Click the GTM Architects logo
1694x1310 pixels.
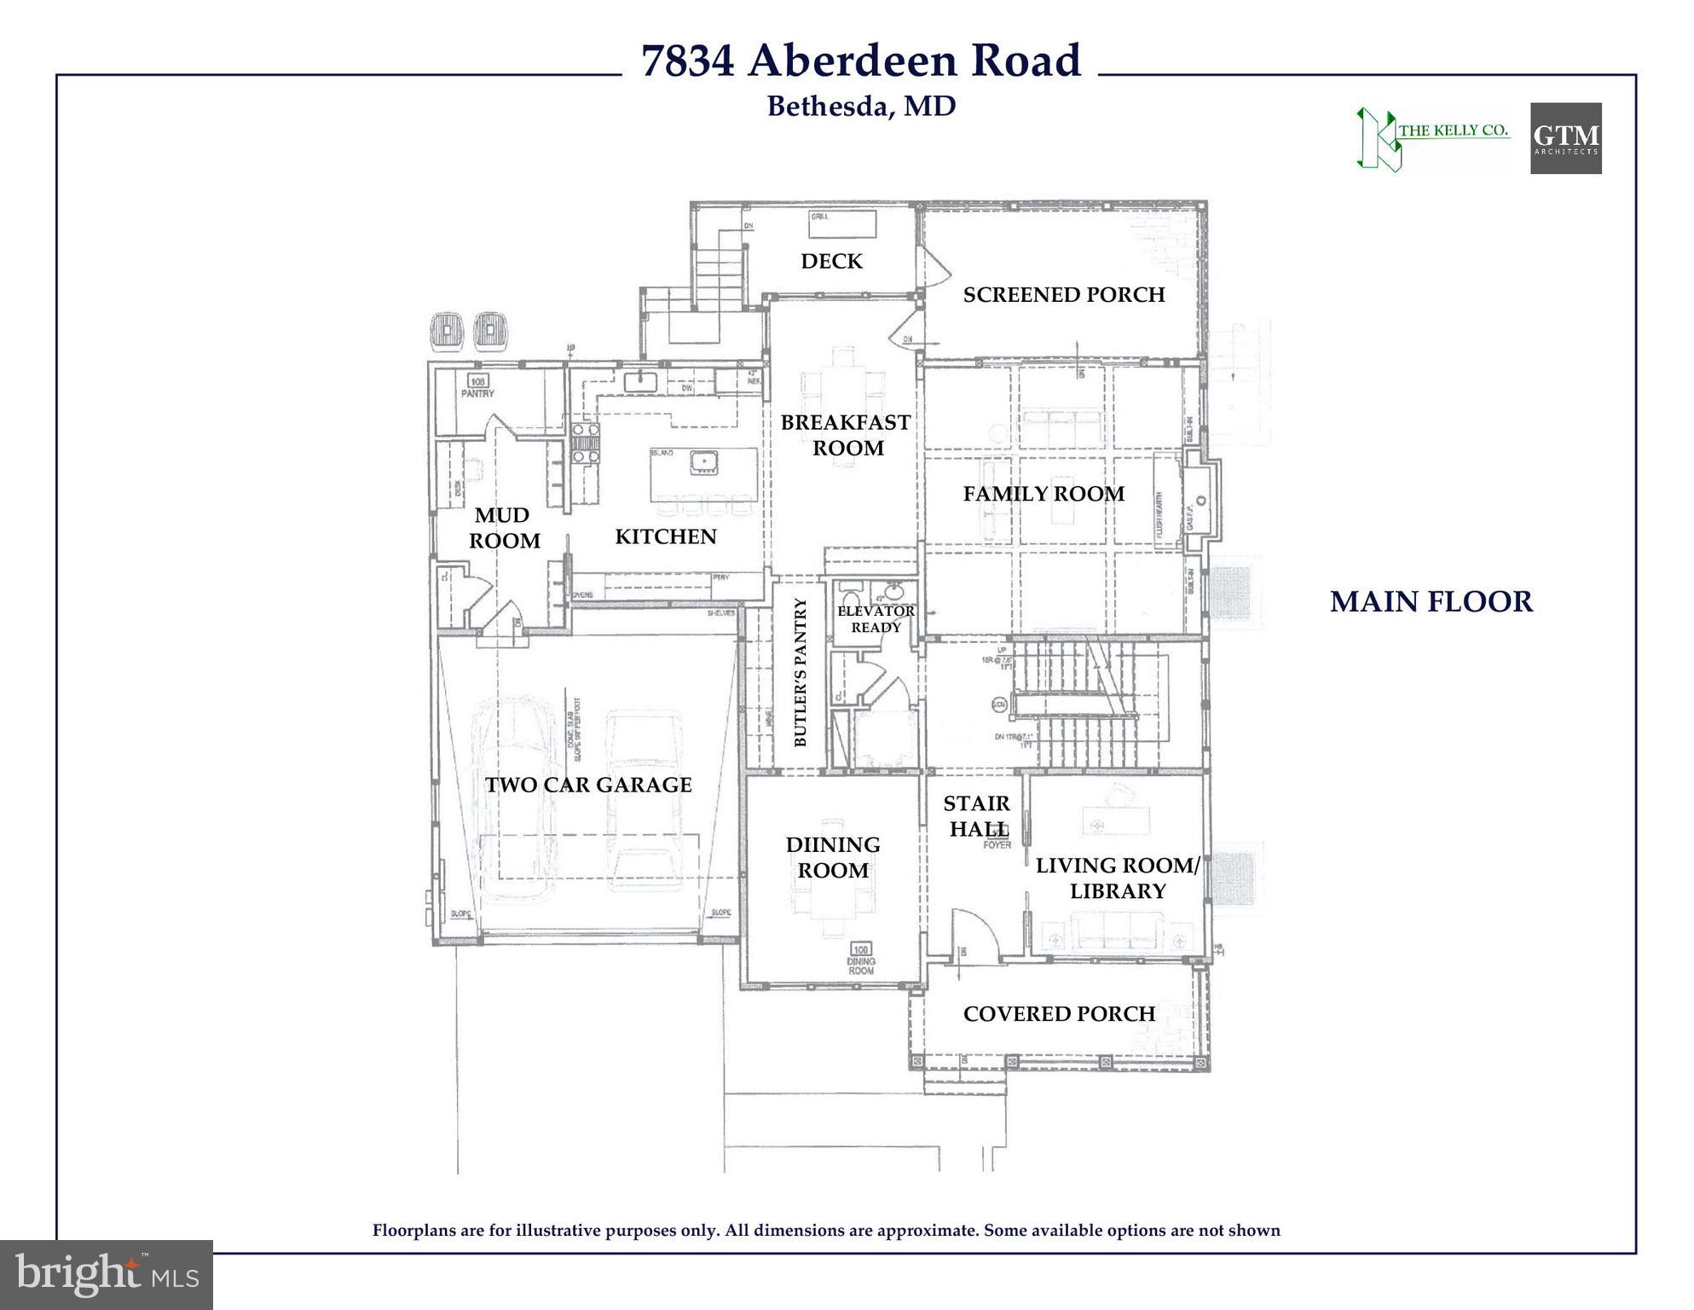(x=1565, y=138)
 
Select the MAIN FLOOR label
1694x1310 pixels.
(x=1431, y=602)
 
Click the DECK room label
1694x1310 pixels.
(x=831, y=261)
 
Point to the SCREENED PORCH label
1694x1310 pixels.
(x=1063, y=295)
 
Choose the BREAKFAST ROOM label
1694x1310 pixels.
(x=846, y=435)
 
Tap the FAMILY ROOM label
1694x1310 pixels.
(x=1044, y=494)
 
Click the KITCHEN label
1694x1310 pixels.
(x=666, y=536)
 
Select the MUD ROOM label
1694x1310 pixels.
(x=503, y=528)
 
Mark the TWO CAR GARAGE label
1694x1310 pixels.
(x=588, y=785)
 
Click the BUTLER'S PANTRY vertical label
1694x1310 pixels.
(x=800, y=672)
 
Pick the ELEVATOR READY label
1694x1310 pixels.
(x=876, y=619)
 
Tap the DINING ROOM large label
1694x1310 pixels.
(x=833, y=857)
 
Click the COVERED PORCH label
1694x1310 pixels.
(x=1059, y=1014)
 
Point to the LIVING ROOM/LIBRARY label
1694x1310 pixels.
(x=1117, y=878)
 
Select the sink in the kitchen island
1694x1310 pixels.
(x=705, y=461)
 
